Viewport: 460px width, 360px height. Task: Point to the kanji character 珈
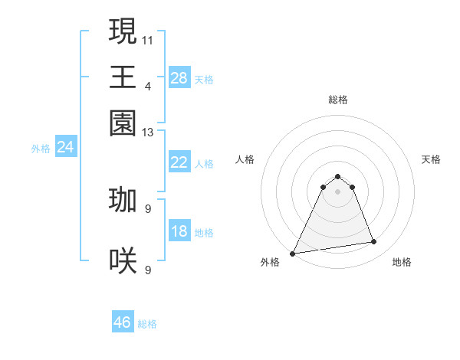click(x=123, y=200)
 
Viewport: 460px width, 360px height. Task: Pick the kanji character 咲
click(x=123, y=261)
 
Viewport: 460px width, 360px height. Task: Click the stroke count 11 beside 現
click(x=148, y=39)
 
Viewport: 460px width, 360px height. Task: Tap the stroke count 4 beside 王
click(x=148, y=86)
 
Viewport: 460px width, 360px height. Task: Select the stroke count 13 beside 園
click(x=148, y=133)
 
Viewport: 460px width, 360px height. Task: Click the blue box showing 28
click(x=179, y=77)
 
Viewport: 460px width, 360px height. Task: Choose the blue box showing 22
click(x=179, y=162)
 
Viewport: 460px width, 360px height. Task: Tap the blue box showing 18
click(x=179, y=231)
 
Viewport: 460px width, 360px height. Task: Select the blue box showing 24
click(x=66, y=148)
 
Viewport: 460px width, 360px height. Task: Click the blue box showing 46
click(x=123, y=322)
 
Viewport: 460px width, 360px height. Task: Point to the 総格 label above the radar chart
click(x=337, y=100)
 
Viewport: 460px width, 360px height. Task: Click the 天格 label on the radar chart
click(x=432, y=160)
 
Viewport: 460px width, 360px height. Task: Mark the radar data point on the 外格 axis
click(x=293, y=254)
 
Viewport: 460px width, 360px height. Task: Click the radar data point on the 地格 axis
click(x=374, y=242)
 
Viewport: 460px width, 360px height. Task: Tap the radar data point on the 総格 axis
click(x=337, y=177)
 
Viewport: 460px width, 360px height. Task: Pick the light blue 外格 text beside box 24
click(x=41, y=149)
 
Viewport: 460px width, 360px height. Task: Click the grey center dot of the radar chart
click(x=337, y=191)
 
